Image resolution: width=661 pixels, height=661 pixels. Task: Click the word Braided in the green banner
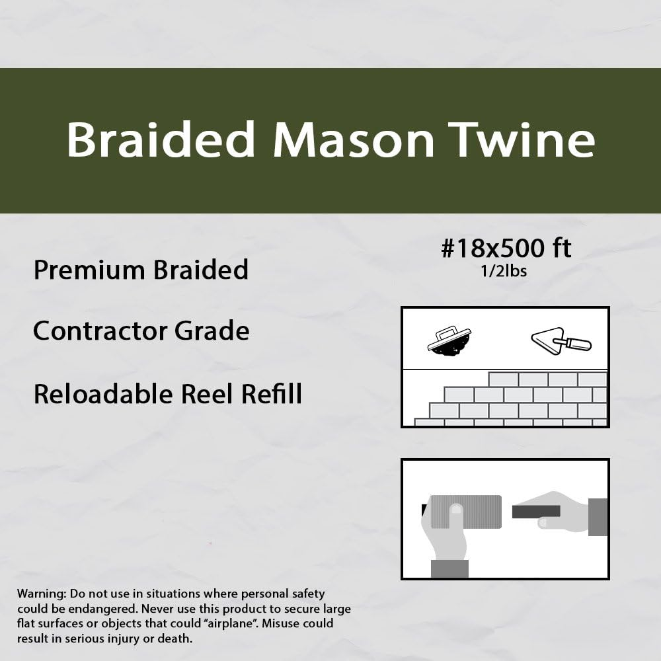(161, 139)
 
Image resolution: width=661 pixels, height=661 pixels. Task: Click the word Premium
(82, 270)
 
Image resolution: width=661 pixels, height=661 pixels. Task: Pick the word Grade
(212, 330)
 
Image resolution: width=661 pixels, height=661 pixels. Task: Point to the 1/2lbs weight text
(505, 271)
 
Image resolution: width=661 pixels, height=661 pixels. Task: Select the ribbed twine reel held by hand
(465, 512)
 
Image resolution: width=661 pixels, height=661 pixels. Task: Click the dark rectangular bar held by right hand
(536, 511)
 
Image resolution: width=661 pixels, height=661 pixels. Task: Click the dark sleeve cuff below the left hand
(449, 568)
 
